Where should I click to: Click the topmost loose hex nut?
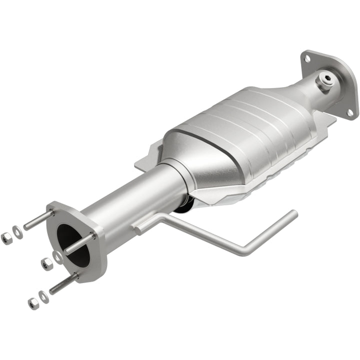[x=6, y=238]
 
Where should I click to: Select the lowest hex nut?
[x=33, y=302]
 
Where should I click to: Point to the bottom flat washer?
[x=44, y=297]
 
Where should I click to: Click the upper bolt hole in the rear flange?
[x=306, y=58]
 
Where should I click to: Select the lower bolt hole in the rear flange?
[x=350, y=112]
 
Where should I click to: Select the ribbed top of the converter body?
[x=240, y=120]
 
